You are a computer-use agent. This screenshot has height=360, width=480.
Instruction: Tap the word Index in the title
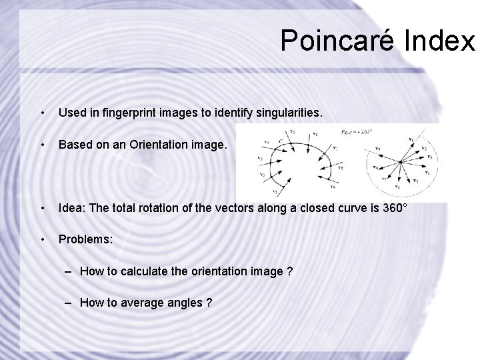pos(439,40)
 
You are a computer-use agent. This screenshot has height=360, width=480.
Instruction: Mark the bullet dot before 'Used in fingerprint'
pos(42,114)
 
